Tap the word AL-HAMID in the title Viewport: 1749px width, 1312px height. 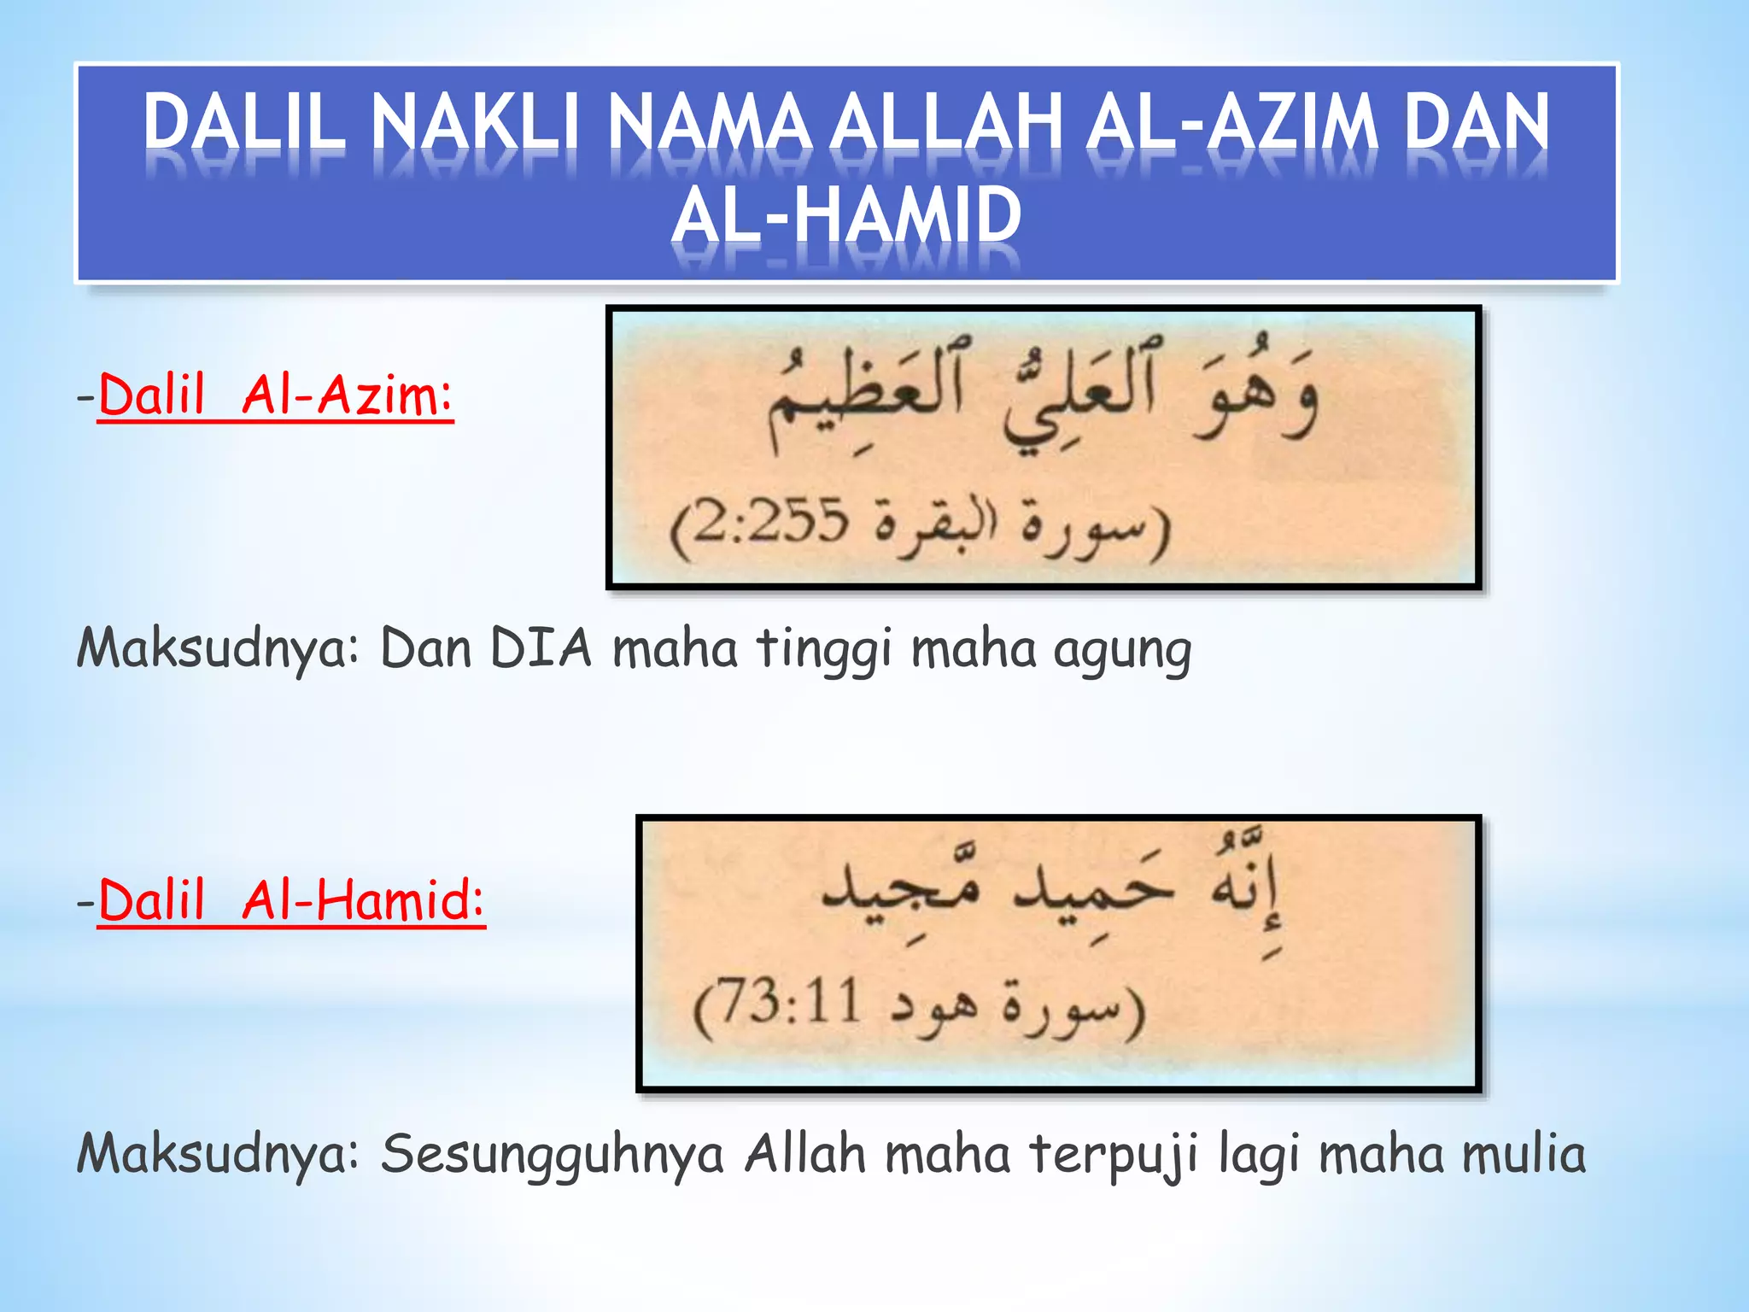(x=845, y=215)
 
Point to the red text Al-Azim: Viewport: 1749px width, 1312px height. (x=347, y=395)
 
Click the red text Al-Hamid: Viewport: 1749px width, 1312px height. (x=363, y=901)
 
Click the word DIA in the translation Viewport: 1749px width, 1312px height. (x=541, y=647)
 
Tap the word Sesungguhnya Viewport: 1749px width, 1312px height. (x=553, y=1155)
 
